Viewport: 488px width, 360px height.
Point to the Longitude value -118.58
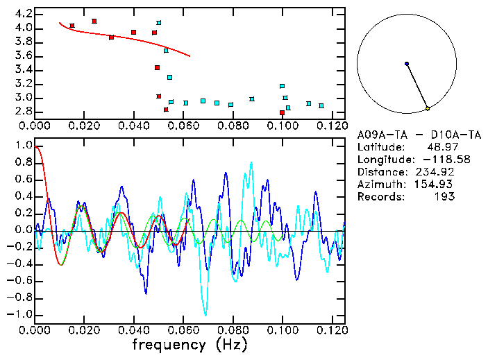(437, 160)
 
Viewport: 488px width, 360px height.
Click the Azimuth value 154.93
(437, 185)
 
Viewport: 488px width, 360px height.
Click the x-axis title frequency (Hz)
(189, 344)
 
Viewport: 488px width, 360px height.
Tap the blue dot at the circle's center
(407, 64)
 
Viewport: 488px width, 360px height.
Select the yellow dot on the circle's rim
(428, 109)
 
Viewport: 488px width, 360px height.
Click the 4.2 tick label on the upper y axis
(24, 14)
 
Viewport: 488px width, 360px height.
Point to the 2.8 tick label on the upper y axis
(24, 111)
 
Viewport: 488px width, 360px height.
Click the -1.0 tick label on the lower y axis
(21, 315)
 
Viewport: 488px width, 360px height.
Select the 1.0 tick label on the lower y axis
(24, 146)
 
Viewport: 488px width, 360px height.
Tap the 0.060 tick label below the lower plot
(183, 330)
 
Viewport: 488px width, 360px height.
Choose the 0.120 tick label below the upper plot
(331, 126)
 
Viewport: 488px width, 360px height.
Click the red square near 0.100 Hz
(282, 113)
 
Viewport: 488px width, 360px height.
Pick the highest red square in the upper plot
(94, 21)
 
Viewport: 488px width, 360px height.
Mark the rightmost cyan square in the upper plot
(321, 106)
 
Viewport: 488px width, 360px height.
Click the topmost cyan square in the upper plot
(159, 23)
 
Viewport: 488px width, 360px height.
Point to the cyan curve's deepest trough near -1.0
(205, 314)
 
